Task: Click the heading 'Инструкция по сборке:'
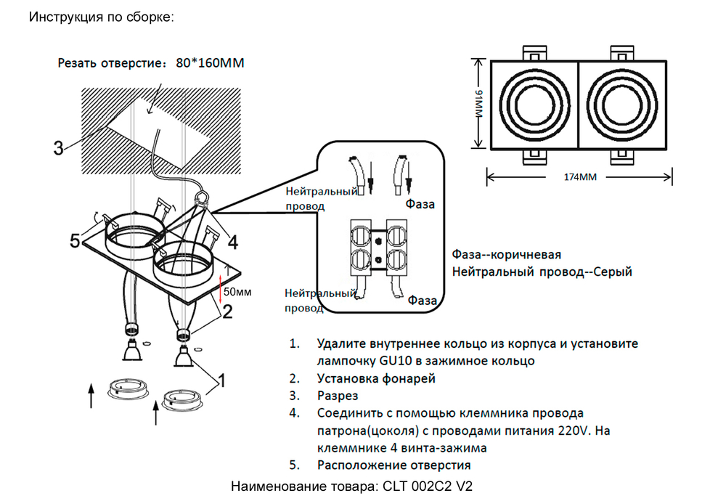[x=101, y=17]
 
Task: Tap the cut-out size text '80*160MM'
[x=210, y=63]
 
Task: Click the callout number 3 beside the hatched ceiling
[x=58, y=148]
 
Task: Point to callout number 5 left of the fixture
[x=75, y=241]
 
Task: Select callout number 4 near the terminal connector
[x=232, y=240]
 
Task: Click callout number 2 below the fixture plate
[x=227, y=311]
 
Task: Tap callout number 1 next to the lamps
[x=222, y=380]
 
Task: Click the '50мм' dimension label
[x=237, y=293]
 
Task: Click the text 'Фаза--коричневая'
[x=507, y=256]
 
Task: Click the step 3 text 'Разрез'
[x=338, y=396]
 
